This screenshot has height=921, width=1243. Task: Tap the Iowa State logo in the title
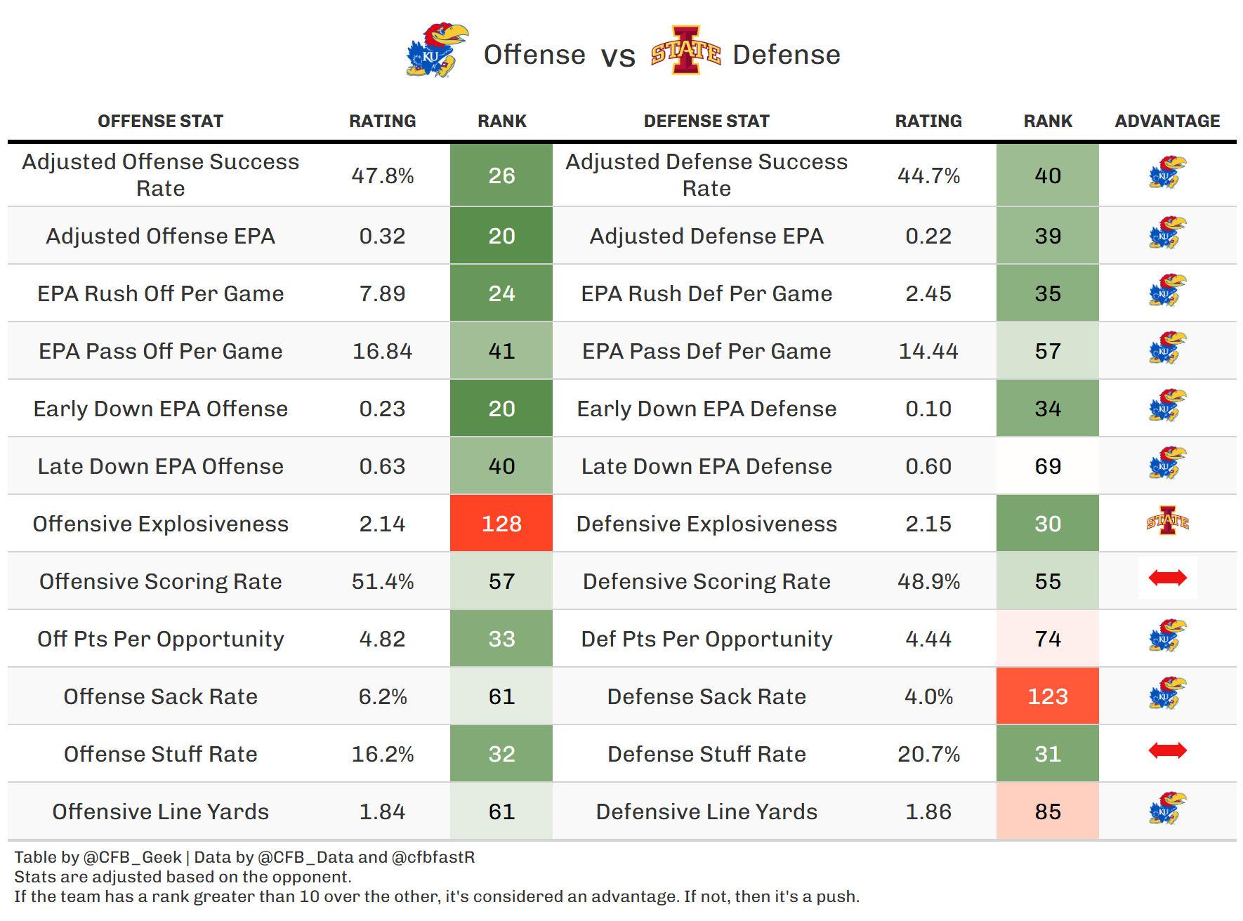685,51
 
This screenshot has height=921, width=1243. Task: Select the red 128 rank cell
501,524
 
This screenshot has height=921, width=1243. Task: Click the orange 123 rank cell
1047,696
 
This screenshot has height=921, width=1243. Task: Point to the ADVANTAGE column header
1167,121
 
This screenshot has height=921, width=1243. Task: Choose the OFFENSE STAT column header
160,121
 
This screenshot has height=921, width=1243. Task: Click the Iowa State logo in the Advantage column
1167,522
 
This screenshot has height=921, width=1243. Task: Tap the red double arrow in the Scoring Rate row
1167,578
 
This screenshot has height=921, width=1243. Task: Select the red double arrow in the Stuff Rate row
1167,751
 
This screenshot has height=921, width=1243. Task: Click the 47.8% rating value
383,175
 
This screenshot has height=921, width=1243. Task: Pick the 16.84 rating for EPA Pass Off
383,351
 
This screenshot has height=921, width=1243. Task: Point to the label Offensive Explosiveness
160,524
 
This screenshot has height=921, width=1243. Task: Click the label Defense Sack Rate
706,696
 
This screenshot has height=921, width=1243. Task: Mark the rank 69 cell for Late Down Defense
1047,466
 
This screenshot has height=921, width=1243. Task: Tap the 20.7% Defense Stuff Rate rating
928,754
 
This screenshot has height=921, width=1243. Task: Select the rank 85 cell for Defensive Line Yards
1047,811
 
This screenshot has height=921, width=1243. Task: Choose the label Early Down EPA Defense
706,409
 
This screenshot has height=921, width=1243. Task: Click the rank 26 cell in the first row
501,175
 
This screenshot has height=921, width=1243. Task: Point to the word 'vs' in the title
618,56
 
